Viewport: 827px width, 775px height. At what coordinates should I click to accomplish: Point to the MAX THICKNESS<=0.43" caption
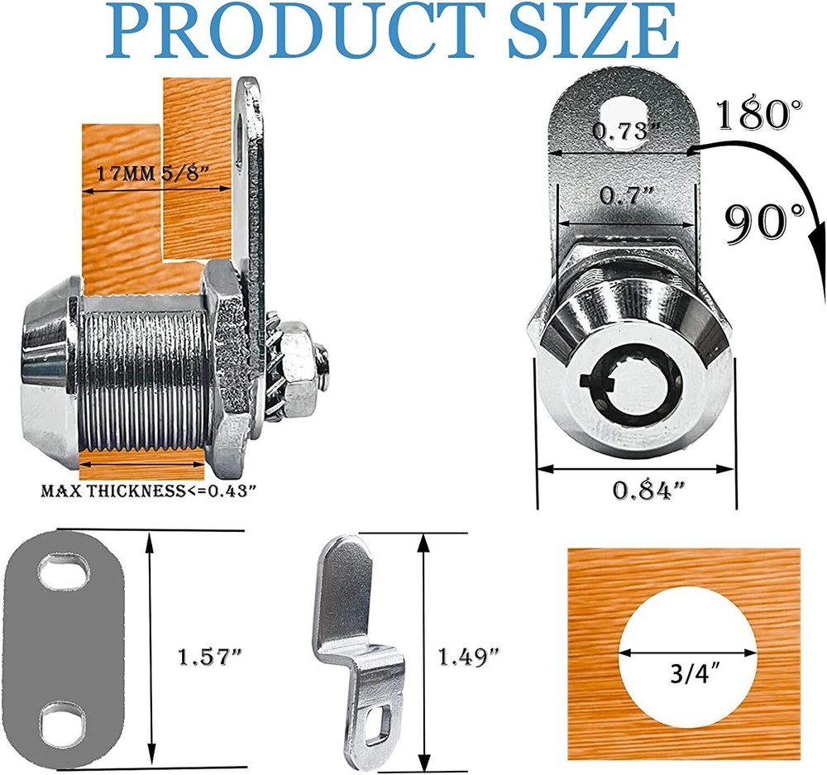click(148, 490)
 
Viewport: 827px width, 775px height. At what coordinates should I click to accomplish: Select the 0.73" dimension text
click(626, 130)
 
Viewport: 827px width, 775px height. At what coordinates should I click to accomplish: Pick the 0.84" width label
click(648, 490)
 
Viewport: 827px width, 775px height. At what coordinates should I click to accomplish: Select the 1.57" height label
click(209, 658)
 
